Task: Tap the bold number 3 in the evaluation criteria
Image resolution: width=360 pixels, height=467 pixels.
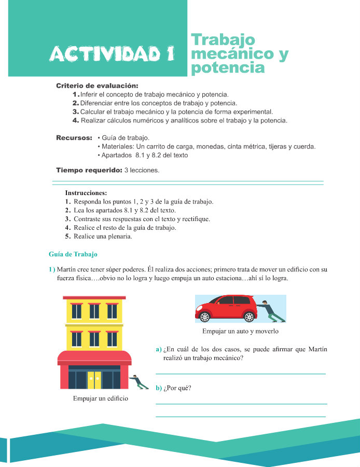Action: coord(76,112)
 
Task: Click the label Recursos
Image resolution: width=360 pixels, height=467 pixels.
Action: coord(74,138)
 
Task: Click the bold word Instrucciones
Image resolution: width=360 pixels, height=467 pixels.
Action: coord(86,193)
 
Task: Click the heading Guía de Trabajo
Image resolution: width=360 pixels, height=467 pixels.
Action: coord(73,255)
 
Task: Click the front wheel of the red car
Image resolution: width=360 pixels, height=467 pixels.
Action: coord(204,317)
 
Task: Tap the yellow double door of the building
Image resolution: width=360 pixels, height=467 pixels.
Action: coord(94,379)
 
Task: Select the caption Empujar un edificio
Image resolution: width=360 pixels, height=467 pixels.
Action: coord(100,399)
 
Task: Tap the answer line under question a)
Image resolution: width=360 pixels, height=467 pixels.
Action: coord(241,373)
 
